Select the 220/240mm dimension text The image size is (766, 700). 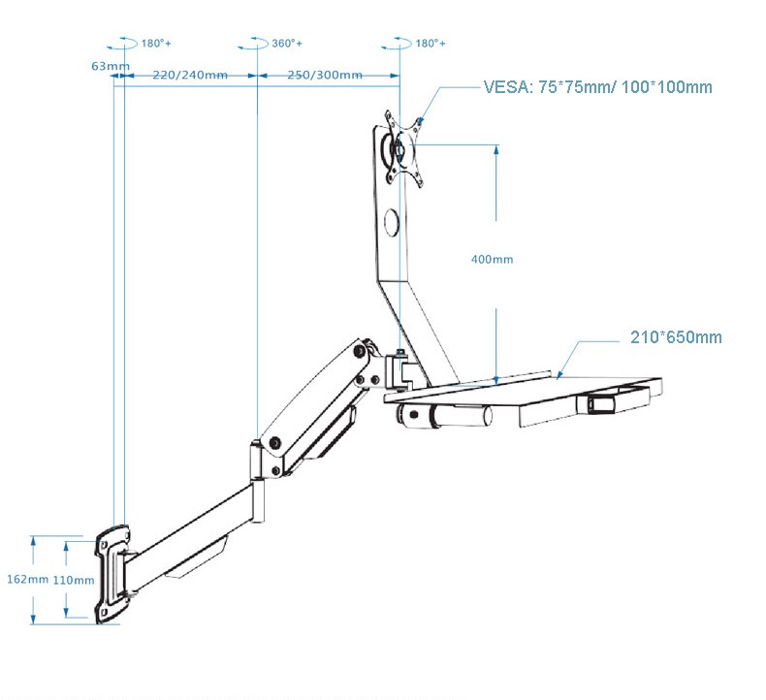(x=190, y=76)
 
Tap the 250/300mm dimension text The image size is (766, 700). (x=325, y=76)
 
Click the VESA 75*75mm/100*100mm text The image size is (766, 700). (x=597, y=87)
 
